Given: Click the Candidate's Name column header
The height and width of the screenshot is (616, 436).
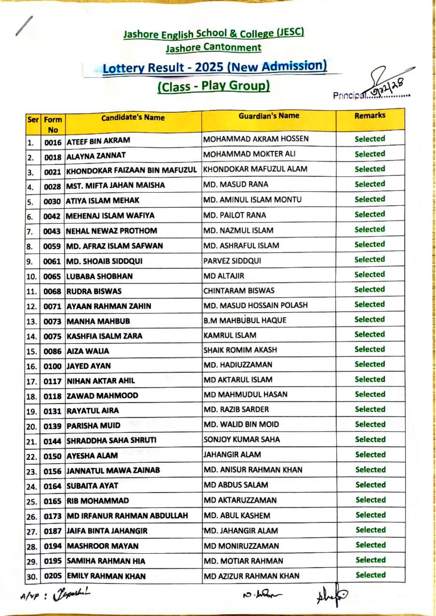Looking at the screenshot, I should (x=133, y=118).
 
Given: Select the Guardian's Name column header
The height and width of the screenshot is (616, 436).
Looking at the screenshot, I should (x=269, y=116).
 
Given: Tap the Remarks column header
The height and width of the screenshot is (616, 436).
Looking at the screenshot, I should (x=370, y=116).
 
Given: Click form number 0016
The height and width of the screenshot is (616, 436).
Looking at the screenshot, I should (x=53, y=143).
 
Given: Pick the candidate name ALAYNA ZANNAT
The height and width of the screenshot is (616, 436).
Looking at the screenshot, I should (x=96, y=156).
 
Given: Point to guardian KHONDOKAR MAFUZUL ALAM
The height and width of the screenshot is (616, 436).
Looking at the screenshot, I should (x=255, y=169).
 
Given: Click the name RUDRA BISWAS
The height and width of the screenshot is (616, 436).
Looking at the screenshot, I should (x=94, y=291).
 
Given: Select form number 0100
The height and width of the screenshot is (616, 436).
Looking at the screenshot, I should (x=52, y=366).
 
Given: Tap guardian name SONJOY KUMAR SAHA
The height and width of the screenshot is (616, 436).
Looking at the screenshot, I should (x=242, y=439).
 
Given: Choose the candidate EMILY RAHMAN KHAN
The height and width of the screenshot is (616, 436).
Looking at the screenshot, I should (x=106, y=576).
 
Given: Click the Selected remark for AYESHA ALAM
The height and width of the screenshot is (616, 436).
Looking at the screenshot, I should (x=370, y=454).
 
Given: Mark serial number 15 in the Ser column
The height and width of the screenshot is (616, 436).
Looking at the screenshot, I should (x=31, y=352).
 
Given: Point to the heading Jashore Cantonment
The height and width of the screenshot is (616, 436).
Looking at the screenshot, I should (x=213, y=48).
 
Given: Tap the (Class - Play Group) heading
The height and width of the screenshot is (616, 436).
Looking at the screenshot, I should (x=213, y=86).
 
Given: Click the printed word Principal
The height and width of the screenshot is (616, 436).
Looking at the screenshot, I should (x=349, y=95).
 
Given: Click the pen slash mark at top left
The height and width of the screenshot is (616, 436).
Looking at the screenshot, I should (x=24, y=26).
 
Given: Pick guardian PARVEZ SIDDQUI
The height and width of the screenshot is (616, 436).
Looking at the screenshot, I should (x=232, y=261).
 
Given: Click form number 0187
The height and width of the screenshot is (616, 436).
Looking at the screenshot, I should (x=53, y=531).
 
